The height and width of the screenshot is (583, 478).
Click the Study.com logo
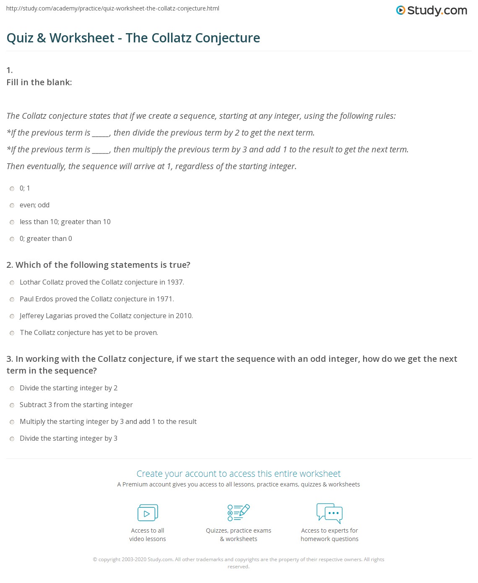(x=431, y=10)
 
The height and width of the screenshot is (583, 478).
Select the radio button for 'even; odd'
(x=12, y=205)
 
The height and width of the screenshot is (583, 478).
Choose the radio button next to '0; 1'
(x=12, y=188)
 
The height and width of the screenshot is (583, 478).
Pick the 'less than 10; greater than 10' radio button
(x=12, y=222)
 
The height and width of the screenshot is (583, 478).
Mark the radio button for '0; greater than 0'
(x=12, y=239)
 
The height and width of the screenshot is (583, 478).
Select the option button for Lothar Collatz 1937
(x=12, y=282)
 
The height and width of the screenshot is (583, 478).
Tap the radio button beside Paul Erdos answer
(x=12, y=299)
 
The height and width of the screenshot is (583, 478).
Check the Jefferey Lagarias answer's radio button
(x=12, y=316)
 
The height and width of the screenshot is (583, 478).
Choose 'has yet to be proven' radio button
(x=12, y=333)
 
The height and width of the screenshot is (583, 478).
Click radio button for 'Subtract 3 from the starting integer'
(x=12, y=405)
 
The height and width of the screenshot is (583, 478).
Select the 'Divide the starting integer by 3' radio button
(x=12, y=439)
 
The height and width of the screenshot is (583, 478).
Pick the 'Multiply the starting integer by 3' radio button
(x=12, y=422)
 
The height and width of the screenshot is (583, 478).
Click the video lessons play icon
(x=148, y=513)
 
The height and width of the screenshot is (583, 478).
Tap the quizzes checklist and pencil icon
(x=239, y=512)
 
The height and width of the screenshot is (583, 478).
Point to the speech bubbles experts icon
(x=330, y=512)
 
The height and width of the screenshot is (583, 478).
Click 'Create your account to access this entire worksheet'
(x=239, y=474)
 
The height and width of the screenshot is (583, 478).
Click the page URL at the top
(x=113, y=8)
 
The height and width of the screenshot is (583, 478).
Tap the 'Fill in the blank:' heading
(x=39, y=82)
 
